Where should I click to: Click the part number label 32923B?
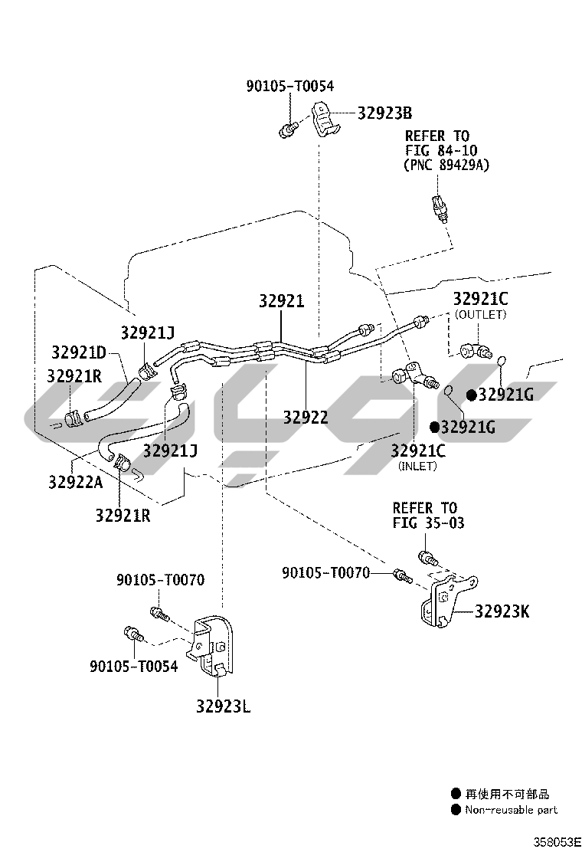384,113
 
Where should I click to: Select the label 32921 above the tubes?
281,301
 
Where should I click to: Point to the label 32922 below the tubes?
306,417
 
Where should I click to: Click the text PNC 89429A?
446,165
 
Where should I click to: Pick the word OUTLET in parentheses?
480,314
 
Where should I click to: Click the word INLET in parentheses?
417,466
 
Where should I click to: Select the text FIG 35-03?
428,523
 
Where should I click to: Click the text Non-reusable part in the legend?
512,809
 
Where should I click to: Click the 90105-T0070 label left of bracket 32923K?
325,572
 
